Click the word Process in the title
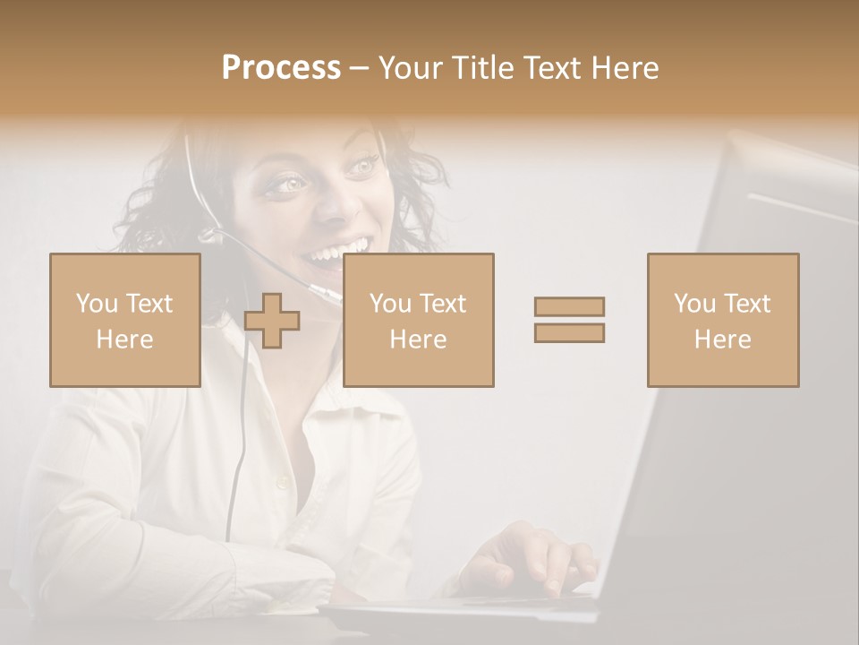point(281,68)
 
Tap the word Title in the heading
point(484,68)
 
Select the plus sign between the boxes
point(272,321)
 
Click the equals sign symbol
point(569,319)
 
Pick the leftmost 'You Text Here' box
point(125,320)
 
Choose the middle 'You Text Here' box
point(418,320)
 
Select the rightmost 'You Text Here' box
point(722,320)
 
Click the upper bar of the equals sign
point(569,306)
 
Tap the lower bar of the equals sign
point(569,332)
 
